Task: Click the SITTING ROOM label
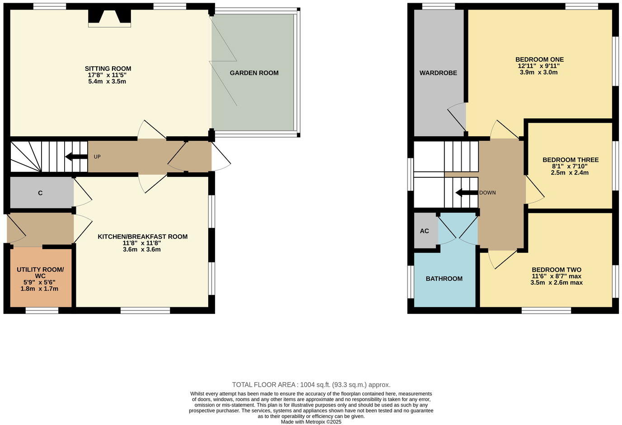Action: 108,69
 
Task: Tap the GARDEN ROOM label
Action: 254,73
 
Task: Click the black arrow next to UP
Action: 76,157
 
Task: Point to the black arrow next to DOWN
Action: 467,193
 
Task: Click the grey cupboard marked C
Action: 40,193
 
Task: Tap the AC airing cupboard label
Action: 424,231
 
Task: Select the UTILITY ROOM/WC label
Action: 40,273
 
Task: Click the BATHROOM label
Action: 444,278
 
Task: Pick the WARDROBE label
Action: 438,73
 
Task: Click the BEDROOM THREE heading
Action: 570,160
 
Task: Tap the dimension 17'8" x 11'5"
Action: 108,75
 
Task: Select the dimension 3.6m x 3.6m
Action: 142,249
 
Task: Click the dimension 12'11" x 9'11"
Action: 539,66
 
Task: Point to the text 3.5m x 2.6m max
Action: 556,283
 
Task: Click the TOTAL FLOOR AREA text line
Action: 311,385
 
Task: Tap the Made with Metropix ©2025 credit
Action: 311,422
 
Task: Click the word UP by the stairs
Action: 97,157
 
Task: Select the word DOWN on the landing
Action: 487,193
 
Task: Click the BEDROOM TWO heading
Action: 556,270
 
